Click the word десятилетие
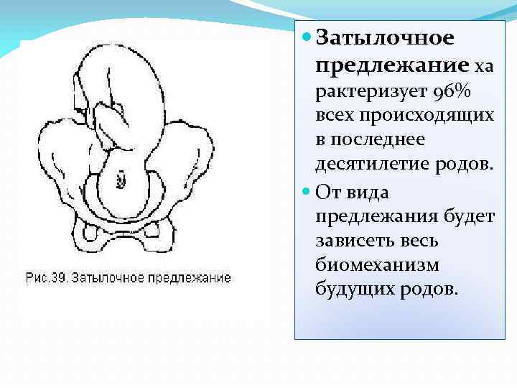[x=373, y=163]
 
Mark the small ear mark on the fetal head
[x=121, y=175]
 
